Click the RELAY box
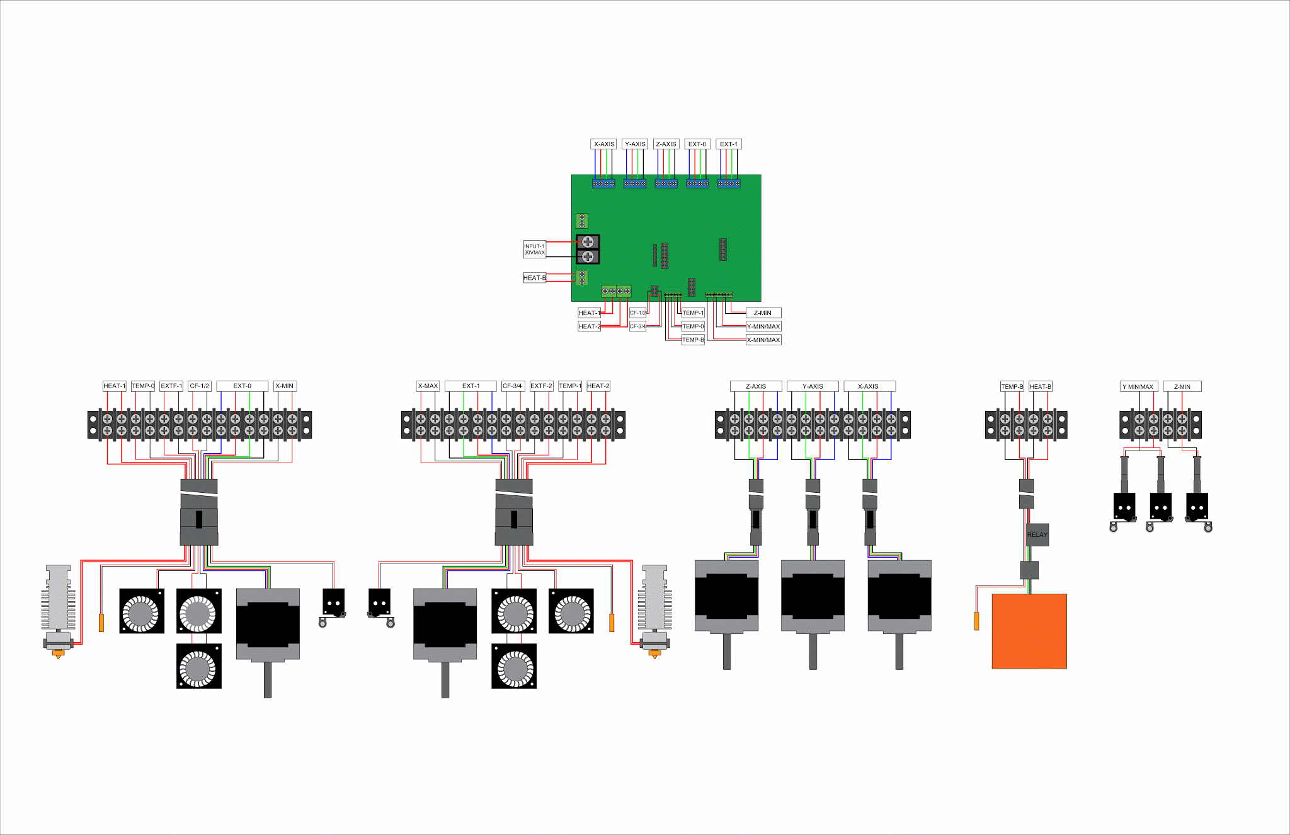1037,534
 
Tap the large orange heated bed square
1029,631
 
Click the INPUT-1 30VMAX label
534,249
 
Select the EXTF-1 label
171,386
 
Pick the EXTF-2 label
541,386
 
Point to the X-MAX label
428,386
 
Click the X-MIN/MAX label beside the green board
763,340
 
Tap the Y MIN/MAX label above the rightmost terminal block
1138,386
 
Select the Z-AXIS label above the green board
666,144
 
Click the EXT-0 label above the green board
697,144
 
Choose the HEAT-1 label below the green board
589,313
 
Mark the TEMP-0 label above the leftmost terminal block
143,386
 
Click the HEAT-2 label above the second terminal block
598,386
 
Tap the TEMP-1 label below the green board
693,313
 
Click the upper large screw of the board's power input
588,241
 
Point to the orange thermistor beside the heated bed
976,621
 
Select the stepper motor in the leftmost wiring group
268,624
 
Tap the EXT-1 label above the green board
729,144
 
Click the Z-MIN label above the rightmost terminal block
1182,386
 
